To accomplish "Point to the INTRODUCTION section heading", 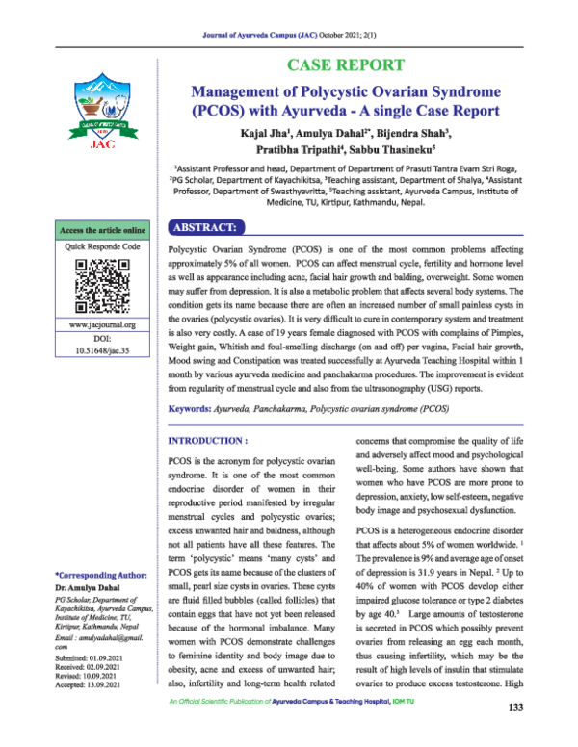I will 204,439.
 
